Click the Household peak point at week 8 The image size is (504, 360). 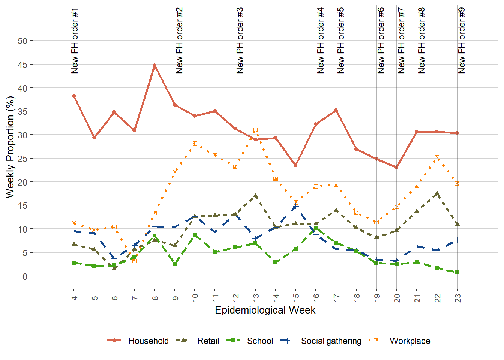[x=154, y=65]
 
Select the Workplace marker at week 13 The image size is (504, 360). [x=255, y=130]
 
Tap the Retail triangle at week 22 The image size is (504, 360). [x=437, y=194]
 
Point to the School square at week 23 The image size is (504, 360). [x=457, y=272]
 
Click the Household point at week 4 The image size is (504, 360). [x=74, y=96]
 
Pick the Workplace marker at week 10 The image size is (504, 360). [x=195, y=144]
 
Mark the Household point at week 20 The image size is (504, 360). [x=396, y=167]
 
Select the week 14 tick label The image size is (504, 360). [x=276, y=297]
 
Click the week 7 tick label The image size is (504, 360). [x=135, y=297]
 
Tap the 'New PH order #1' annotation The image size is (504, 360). [x=75, y=40]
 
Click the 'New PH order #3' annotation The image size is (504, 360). [x=240, y=40]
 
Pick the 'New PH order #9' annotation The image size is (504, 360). [x=462, y=40]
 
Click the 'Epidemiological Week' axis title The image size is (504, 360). [x=265, y=310]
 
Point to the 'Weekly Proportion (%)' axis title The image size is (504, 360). [x=10, y=147]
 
